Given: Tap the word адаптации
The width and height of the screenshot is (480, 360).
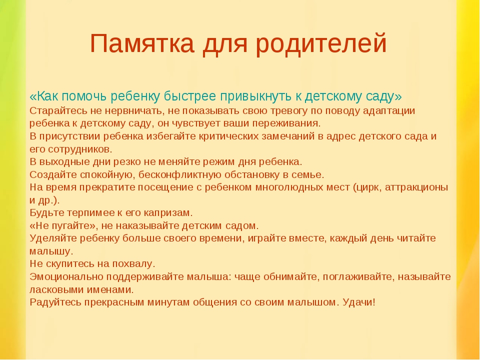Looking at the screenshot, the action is pyautogui.click(x=389, y=111).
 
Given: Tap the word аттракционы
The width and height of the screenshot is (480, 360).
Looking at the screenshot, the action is pyautogui.click(x=416, y=187).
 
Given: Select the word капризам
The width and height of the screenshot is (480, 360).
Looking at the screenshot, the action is pyautogui.click(x=168, y=213).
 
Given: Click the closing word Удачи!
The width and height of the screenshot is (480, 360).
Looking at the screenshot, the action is pyautogui.click(x=359, y=302).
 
